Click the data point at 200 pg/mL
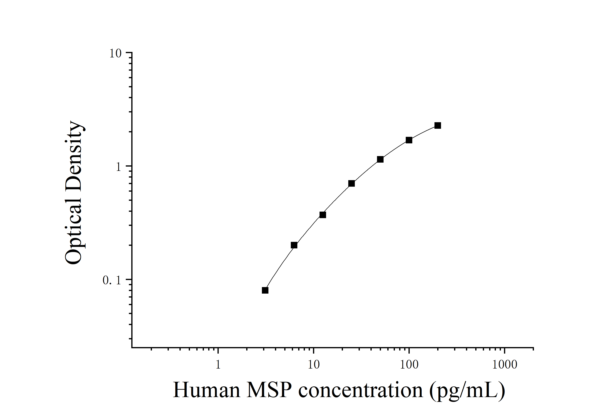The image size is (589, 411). coord(438,125)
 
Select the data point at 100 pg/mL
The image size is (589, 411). coord(409,140)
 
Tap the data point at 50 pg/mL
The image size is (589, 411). coord(380,159)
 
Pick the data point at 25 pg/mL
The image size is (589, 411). coord(351,183)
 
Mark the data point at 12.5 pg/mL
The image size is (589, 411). coord(323,215)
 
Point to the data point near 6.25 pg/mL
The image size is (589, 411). coord(294,245)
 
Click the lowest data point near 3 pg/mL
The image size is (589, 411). coord(265,290)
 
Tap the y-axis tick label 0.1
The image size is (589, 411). coord(112,281)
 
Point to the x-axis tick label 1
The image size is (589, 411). coord(218,365)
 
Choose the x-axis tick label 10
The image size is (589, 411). coord(314,365)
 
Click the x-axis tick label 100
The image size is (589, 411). coord(409,365)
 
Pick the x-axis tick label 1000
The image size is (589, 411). coord(504,365)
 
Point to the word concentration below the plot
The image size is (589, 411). coord(360,390)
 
